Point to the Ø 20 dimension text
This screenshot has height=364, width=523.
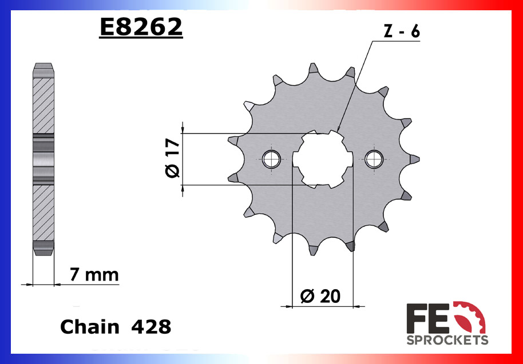(x=320, y=295)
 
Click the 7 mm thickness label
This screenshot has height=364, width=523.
(x=94, y=275)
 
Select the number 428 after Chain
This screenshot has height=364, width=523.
(x=151, y=327)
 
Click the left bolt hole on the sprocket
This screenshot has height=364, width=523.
(x=271, y=159)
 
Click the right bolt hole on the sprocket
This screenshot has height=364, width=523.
(x=374, y=159)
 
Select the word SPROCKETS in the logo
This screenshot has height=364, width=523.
(x=447, y=341)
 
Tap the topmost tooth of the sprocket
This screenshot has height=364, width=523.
(x=312, y=70)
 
